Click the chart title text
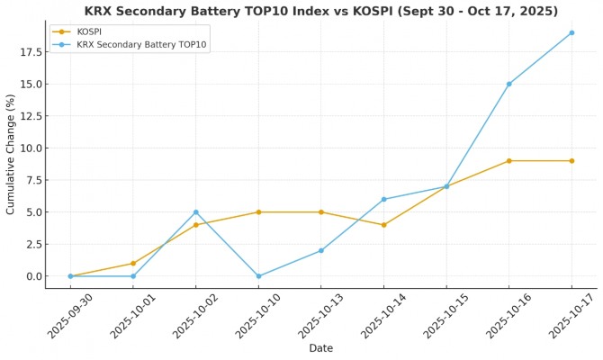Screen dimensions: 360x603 point(321,12)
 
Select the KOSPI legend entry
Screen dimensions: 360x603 point(89,31)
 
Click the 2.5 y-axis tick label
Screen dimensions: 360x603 point(32,244)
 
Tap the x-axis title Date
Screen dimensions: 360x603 point(320,348)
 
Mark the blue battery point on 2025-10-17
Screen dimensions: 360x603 point(571,32)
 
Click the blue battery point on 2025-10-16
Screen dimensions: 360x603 point(508,84)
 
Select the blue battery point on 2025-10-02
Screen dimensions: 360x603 point(195,212)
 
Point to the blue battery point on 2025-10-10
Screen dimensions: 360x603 point(258,276)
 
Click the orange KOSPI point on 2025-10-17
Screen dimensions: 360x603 point(571,161)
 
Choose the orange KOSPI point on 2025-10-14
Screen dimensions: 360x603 point(383,225)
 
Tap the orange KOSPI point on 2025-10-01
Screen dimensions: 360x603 point(133,264)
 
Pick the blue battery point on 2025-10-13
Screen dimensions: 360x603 point(320,250)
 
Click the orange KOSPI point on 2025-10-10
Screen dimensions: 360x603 point(258,212)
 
